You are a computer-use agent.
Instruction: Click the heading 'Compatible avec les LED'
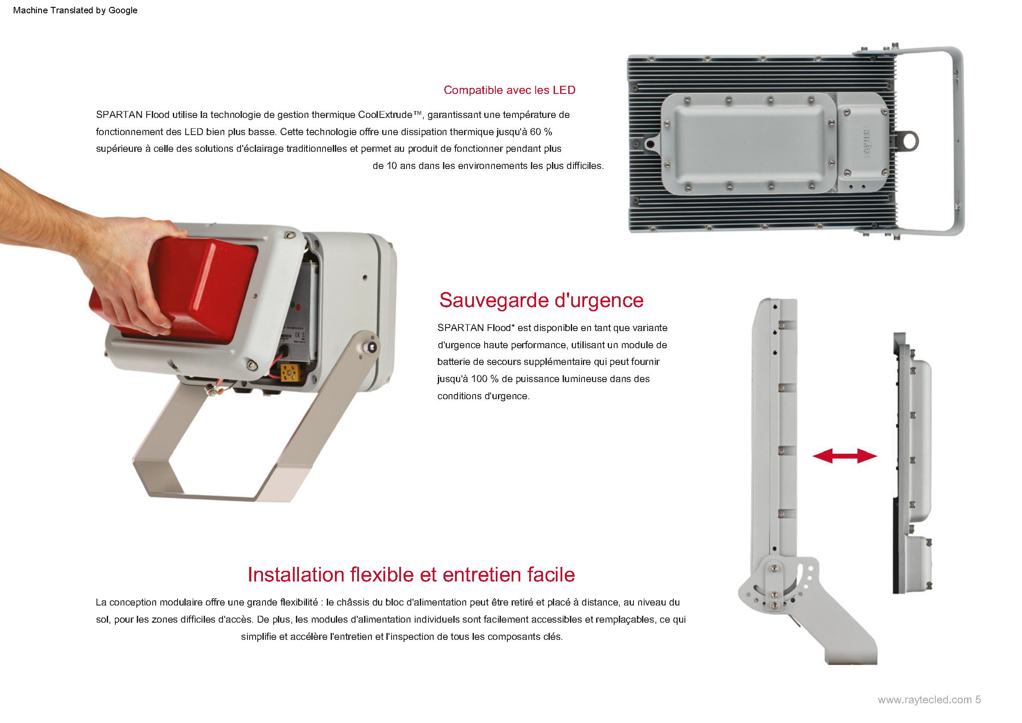(x=509, y=90)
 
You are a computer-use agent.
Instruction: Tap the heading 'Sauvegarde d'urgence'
(x=541, y=301)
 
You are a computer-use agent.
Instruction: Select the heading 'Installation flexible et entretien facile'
(x=411, y=574)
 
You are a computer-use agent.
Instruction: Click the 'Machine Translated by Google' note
(x=75, y=10)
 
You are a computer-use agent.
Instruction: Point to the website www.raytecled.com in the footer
(x=925, y=699)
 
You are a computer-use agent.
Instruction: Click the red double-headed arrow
(x=844, y=456)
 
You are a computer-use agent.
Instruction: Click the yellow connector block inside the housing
(x=290, y=372)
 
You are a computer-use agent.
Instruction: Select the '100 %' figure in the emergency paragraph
(x=485, y=379)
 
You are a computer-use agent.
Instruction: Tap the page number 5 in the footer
(x=978, y=699)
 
